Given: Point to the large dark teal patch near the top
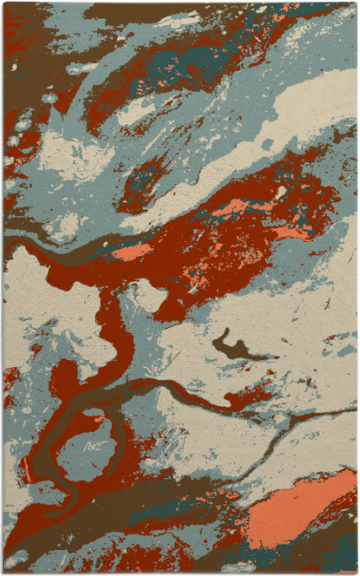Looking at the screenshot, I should click(184, 58).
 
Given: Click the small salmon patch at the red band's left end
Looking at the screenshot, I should click(132, 253).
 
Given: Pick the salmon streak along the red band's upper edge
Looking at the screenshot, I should click(235, 208).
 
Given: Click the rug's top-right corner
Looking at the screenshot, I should click(356, 4).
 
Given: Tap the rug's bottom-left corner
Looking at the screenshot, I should click(4, 572).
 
